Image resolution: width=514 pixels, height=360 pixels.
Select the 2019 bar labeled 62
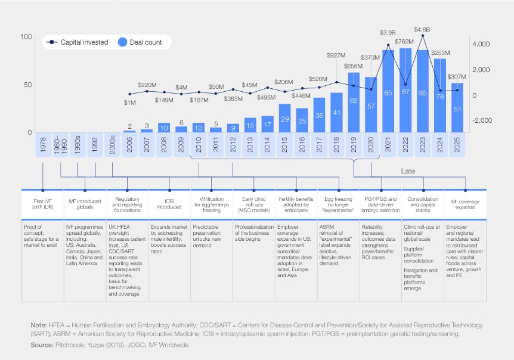click(x=354, y=102)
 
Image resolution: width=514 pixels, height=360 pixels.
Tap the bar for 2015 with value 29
click(x=284, y=118)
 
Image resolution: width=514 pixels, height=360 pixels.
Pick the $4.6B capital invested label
click(x=422, y=29)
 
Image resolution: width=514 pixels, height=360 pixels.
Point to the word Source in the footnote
click(x=42, y=345)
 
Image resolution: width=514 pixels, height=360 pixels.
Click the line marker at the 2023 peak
click(x=423, y=36)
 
